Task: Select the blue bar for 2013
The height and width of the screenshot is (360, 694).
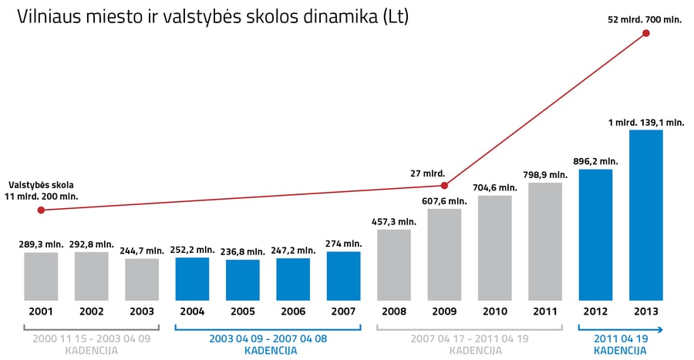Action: (645, 215)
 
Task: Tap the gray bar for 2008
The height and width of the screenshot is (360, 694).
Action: (394, 265)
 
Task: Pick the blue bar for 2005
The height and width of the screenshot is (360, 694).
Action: (243, 281)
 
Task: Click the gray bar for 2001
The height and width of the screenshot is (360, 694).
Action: (41, 277)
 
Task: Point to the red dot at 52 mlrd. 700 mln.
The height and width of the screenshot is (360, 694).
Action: (645, 33)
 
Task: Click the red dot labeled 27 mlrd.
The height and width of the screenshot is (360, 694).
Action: (444, 186)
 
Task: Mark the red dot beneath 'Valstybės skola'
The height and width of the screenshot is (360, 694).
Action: (41, 210)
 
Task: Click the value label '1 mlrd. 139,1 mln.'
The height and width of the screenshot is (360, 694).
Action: (646, 123)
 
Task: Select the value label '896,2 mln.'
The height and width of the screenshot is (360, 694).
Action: (595, 161)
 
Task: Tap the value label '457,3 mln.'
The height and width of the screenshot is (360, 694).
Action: (394, 221)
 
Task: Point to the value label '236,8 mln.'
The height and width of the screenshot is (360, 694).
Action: (243, 251)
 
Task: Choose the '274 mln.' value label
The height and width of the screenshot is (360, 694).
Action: (343, 244)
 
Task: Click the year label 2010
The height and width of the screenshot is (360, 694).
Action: (495, 311)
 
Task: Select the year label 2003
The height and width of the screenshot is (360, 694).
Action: (142, 311)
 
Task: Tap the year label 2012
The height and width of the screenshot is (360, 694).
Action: (595, 311)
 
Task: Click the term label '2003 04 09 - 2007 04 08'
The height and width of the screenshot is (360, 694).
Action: (268, 338)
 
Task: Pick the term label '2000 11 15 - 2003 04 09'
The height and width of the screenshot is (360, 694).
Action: (91, 338)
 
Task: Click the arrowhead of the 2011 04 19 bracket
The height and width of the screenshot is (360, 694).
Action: (660, 329)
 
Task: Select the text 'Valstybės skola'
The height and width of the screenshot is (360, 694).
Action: (41, 185)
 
